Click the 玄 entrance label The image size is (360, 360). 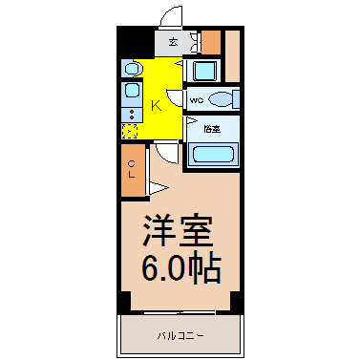tap(173, 42)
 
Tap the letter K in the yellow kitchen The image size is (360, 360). tap(156, 105)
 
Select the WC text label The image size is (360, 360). tap(197, 100)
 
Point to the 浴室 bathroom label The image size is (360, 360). tap(212, 129)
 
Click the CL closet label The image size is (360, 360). tap(132, 169)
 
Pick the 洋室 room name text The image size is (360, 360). tap(178, 231)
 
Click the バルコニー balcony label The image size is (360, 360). tap(180, 335)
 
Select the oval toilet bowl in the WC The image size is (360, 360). tap(221, 99)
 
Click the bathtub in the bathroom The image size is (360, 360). tap(213, 154)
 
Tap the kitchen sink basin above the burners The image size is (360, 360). tap(131, 90)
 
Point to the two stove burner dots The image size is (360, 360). tap(131, 115)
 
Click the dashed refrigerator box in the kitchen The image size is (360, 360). tap(130, 131)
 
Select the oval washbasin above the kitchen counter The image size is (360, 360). tap(132, 69)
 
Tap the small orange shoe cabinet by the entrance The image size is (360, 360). tap(211, 42)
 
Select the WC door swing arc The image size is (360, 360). tap(175, 97)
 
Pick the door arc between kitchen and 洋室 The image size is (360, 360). tap(166, 155)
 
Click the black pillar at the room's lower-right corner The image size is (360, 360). tap(236, 301)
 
